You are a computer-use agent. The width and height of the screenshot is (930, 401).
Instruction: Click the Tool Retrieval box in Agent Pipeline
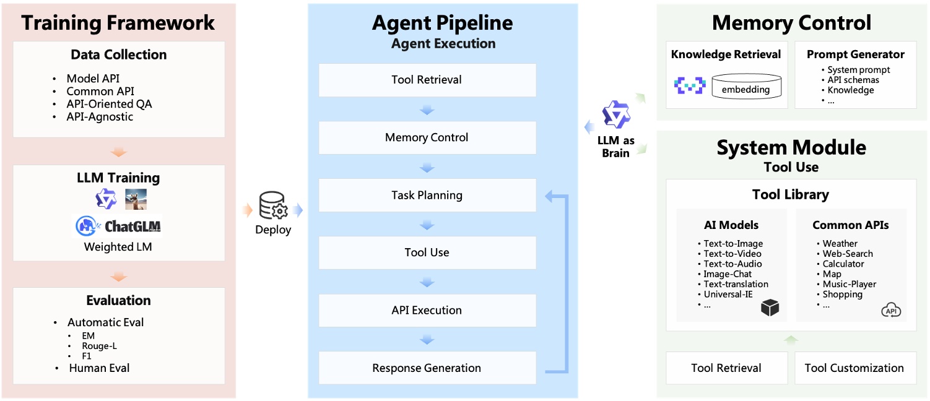427,80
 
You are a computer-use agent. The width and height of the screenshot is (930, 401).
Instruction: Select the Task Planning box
427,195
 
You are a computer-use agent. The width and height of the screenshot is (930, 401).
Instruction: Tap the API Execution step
427,310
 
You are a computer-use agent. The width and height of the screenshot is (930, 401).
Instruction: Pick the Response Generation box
427,368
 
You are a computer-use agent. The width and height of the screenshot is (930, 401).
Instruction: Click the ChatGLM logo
118,226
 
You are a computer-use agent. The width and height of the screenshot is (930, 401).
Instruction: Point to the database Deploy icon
273,206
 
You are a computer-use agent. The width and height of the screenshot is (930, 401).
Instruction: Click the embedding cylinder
745,87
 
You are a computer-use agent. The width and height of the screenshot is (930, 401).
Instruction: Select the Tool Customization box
854,368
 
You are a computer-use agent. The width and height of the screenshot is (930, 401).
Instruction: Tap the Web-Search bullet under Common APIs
847,254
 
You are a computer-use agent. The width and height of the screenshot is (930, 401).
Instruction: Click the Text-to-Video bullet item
732,254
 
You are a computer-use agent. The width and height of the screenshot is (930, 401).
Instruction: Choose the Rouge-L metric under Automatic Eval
99,346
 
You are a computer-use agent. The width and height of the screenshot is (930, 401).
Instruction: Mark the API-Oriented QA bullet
109,104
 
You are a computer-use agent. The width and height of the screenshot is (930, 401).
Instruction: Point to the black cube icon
770,308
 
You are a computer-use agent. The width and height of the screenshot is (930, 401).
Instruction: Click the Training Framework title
118,23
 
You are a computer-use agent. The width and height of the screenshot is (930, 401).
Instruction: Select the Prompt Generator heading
855,54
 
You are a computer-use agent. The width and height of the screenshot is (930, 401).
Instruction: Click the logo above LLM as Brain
615,115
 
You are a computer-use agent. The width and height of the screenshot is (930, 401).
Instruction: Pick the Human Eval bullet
99,368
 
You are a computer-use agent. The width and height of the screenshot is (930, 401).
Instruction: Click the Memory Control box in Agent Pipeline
427,137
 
